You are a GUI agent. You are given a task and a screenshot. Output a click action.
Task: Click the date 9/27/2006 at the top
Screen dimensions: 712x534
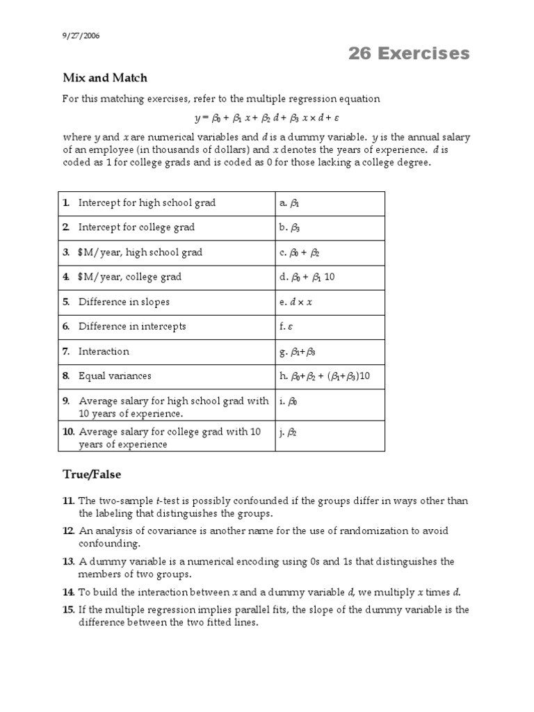[81, 37]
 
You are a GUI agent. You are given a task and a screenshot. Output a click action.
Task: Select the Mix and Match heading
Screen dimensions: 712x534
[105, 78]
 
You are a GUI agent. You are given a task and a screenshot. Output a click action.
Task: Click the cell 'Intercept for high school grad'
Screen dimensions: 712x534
[147, 203]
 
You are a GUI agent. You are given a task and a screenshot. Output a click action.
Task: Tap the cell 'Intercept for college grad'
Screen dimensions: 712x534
[136, 227]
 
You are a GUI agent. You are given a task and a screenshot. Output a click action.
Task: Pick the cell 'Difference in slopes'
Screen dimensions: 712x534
[124, 302]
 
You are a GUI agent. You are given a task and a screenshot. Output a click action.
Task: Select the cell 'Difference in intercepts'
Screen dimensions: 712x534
[132, 326]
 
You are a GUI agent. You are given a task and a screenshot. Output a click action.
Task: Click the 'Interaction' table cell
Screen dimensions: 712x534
[104, 351]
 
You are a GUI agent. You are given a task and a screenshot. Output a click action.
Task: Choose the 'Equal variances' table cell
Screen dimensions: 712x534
[115, 375]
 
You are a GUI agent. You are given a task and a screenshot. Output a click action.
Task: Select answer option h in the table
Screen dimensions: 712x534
[324, 376]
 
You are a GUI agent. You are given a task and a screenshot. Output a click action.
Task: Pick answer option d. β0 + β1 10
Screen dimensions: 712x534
[307, 277]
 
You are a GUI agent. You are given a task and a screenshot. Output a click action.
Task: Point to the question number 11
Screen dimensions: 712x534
[67, 501]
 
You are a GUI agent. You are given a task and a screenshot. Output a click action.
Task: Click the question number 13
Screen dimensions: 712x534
[67, 561]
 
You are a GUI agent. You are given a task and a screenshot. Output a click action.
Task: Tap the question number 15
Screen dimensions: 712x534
[67, 610]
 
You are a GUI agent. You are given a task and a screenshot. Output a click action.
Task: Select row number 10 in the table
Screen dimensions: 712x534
[68, 432]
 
